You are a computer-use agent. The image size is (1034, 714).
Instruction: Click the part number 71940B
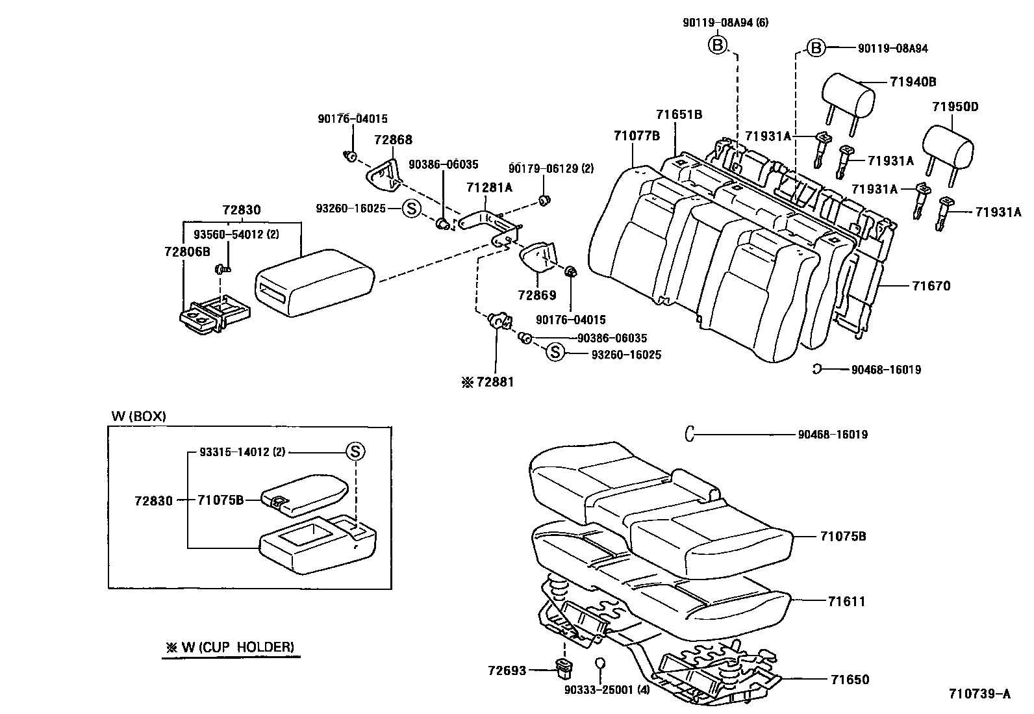(913, 82)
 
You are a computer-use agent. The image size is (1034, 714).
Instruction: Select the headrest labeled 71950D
(949, 142)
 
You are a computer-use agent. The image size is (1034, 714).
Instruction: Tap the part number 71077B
(637, 136)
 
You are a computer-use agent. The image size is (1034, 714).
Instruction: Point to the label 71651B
(679, 115)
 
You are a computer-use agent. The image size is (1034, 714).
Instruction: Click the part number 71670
(931, 286)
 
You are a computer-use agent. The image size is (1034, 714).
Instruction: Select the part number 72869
(537, 296)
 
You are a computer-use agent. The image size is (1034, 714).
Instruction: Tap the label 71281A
(489, 188)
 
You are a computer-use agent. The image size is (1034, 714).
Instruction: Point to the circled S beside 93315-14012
(355, 452)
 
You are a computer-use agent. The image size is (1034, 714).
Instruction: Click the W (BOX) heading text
(138, 416)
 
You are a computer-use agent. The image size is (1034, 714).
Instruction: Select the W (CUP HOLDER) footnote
(230, 647)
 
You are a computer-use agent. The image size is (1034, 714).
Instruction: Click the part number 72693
(507, 670)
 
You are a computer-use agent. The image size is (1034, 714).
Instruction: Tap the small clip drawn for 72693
(563, 667)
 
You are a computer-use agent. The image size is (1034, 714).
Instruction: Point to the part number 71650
(849, 680)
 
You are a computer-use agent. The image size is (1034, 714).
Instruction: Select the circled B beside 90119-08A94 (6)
(717, 45)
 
